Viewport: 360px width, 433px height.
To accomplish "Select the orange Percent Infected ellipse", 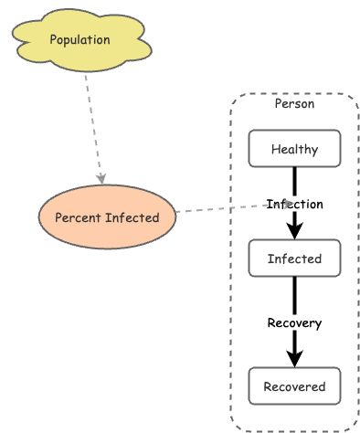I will (x=107, y=217).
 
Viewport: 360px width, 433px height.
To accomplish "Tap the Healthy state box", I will (x=294, y=149).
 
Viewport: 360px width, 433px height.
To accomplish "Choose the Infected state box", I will (x=294, y=259).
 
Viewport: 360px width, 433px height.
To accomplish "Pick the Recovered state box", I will (x=294, y=385).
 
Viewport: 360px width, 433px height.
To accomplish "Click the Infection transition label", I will (x=294, y=203).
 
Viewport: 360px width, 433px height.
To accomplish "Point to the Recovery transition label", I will (x=294, y=322).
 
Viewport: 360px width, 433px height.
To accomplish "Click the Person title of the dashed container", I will (x=294, y=103).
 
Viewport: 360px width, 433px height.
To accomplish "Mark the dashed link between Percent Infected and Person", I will (x=219, y=209).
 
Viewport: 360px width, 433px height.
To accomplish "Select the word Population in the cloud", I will (x=79, y=39).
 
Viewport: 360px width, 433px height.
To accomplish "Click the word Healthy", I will (x=294, y=149).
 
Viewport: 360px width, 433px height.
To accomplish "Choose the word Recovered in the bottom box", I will (x=294, y=385).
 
